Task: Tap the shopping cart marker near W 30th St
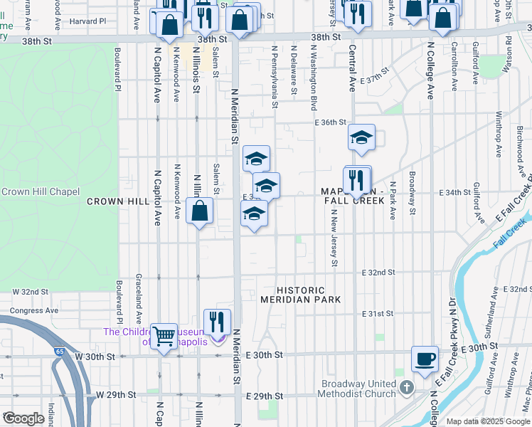[164, 336]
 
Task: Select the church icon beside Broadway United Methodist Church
[406, 388]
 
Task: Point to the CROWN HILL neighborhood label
[117, 202]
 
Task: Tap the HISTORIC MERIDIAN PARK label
[301, 295]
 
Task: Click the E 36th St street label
[331, 122]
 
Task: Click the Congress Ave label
[33, 310]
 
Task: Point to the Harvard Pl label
[87, 21]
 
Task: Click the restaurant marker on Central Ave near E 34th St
[358, 180]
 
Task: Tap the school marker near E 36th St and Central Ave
[361, 137]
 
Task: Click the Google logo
[23, 418]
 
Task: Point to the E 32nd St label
[378, 273]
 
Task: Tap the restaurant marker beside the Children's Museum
[218, 322]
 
